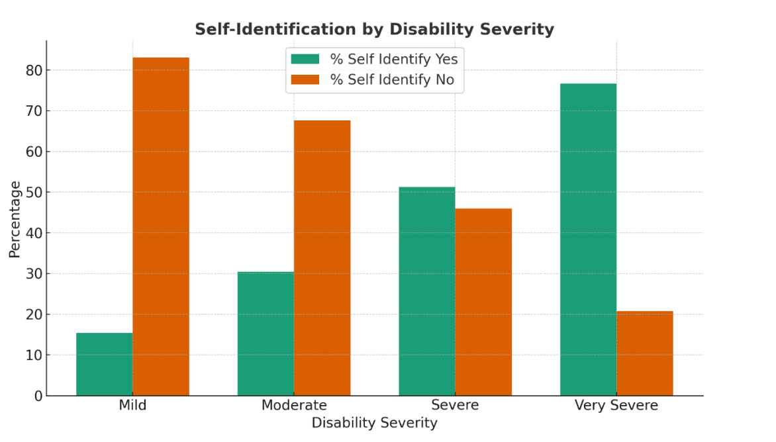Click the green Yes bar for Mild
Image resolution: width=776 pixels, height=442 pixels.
click(x=105, y=364)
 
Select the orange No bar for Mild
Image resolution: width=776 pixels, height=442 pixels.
click(x=161, y=226)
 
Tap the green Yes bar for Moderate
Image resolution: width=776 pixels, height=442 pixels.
click(x=266, y=333)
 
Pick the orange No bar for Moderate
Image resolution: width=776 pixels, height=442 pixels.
click(x=322, y=258)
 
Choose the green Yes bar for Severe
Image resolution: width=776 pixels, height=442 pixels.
click(x=427, y=291)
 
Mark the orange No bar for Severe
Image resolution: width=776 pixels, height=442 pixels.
click(x=483, y=302)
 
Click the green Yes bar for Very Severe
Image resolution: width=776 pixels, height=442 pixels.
click(x=588, y=240)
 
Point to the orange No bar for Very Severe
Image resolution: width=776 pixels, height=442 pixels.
click(x=644, y=353)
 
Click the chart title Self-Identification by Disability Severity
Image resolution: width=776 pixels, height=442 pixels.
click(x=374, y=30)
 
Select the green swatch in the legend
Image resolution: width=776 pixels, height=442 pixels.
click(x=305, y=59)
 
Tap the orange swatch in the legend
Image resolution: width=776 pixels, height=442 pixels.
click(x=305, y=80)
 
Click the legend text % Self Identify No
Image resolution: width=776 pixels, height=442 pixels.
click(x=393, y=80)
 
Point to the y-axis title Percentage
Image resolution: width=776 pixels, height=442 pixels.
click(x=15, y=219)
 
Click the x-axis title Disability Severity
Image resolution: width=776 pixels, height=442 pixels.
click(x=374, y=423)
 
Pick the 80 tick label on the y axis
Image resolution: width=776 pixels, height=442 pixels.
click(x=34, y=70)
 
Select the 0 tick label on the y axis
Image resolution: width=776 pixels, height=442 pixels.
click(x=38, y=396)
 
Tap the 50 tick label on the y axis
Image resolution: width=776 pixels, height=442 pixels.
click(x=34, y=193)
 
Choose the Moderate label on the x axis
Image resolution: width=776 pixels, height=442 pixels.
click(x=294, y=406)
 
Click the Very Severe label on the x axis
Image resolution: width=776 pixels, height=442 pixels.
click(x=616, y=406)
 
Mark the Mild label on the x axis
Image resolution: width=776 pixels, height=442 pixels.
click(x=132, y=406)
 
